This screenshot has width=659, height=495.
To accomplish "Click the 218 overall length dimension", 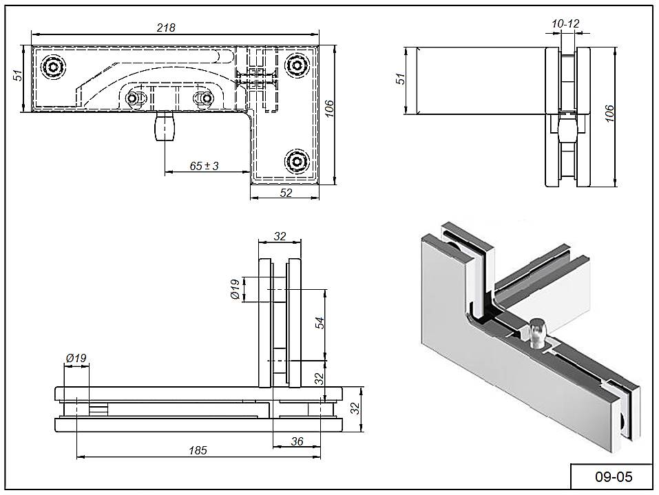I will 166,28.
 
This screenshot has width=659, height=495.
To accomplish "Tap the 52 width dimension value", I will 286,193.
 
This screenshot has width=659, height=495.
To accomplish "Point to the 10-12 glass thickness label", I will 565,24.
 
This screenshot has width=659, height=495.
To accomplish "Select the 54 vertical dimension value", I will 320,323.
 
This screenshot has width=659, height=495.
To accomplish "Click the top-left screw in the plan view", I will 54,67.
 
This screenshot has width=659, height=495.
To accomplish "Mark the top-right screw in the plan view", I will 297,66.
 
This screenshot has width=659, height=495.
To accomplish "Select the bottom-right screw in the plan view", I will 297,160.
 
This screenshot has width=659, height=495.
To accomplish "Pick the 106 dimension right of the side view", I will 607,112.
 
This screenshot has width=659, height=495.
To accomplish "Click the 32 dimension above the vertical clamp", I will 280,236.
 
